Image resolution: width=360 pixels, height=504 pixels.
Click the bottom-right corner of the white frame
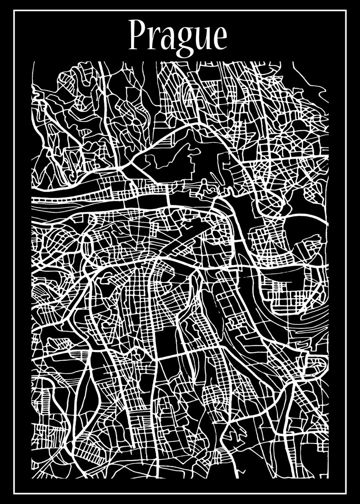pos(346,493)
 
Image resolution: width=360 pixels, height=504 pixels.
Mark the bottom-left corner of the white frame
pos(14,493)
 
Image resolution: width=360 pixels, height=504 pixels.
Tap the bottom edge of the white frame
pos(180,493)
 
